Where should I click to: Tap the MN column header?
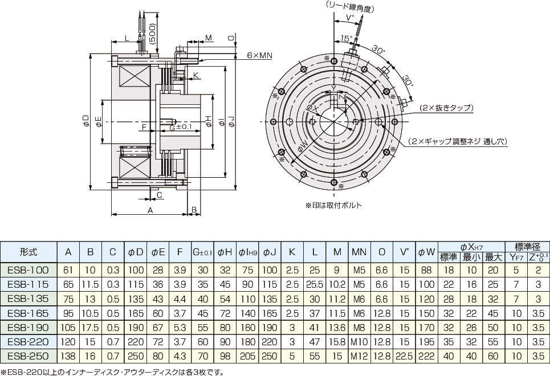[359, 251]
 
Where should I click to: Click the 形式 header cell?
[29, 251]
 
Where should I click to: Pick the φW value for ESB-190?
[426, 327]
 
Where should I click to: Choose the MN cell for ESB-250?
[359, 355]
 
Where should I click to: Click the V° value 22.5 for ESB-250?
[404, 355]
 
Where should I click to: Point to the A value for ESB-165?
[68, 313]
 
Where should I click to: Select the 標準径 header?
[527, 246]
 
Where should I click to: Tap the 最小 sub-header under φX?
[470, 257]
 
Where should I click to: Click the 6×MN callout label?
[259, 55]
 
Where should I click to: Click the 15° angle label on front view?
[344, 38]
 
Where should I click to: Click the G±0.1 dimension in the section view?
[180, 126]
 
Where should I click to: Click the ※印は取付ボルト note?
[333, 205]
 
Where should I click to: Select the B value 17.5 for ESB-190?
[91, 327]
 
